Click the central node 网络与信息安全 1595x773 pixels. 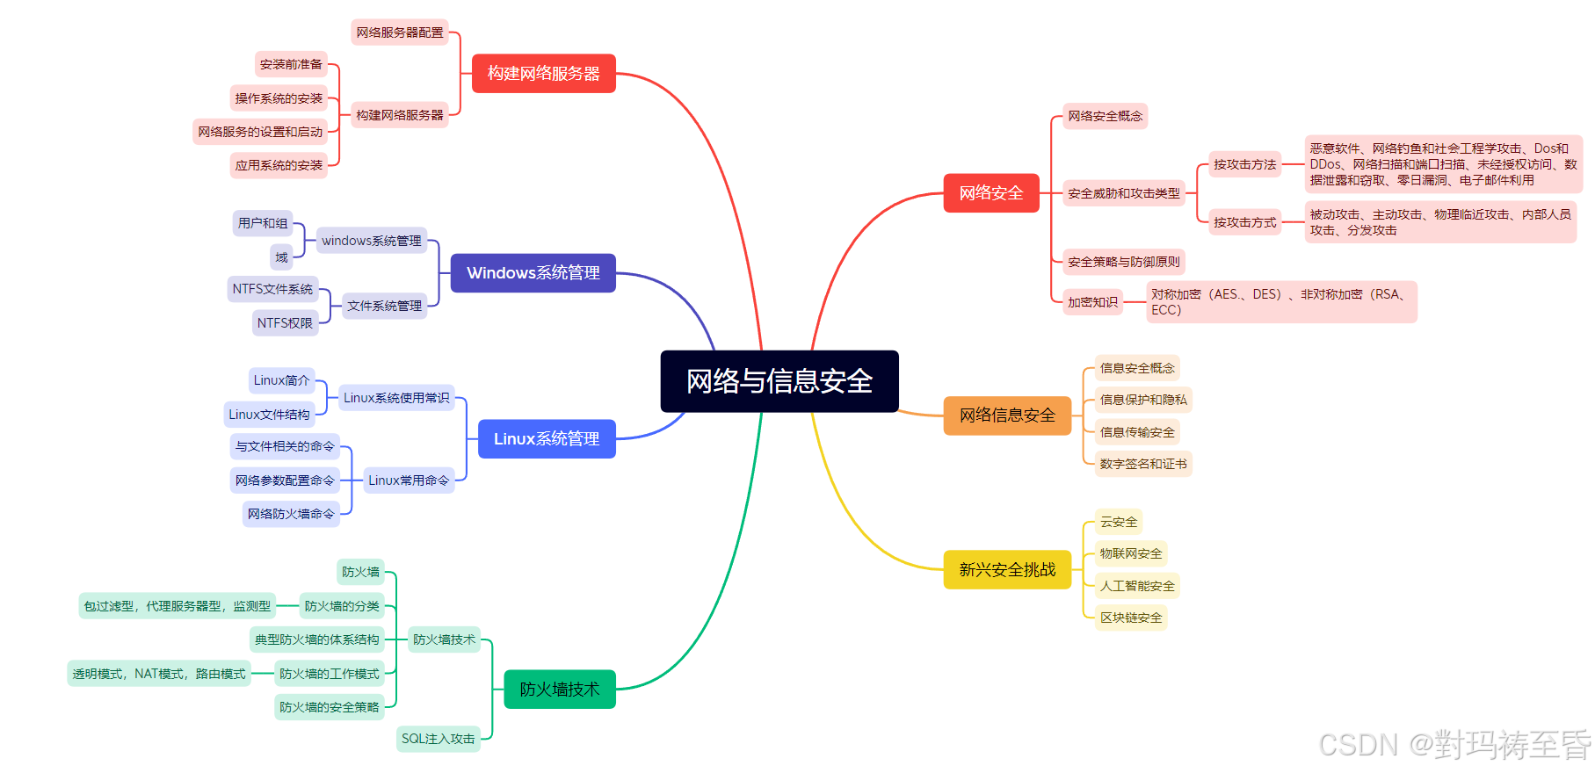pyautogui.click(x=779, y=381)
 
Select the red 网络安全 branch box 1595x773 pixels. pyautogui.click(x=990, y=193)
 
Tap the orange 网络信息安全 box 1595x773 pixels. pyautogui.click(x=1007, y=415)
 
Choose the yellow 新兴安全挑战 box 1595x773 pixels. pyautogui.click(x=1007, y=570)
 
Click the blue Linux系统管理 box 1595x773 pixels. pyautogui.click(x=546, y=439)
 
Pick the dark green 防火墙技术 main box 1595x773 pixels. pyautogui.click(x=559, y=690)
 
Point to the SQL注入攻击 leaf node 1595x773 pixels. pyautogui.click(x=438, y=740)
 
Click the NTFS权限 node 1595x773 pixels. pyautogui.click(x=285, y=323)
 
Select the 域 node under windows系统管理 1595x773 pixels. pyautogui.click(x=281, y=257)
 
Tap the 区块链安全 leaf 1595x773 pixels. pyautogui.click(x=1131, y=618)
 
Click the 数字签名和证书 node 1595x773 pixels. pyautogui.click(x=1143, y=464)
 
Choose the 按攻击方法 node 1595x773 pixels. pyautogui.click(x=1244, y=164)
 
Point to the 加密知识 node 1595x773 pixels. pyautogui.click(x=1092, y=302)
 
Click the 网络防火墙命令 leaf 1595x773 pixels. pyautogui.click(x=291, y=514)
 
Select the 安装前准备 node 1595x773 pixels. pyautogui.click(x=291, y=64)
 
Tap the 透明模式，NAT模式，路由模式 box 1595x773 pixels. pyautogui.click(x=159, y=674)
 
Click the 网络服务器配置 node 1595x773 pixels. pyautogui.click(x=400, y=33)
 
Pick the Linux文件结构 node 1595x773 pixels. pyautogui.click(x=269, y=415)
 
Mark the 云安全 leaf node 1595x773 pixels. pyautogui.click(x=1119, y=522)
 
